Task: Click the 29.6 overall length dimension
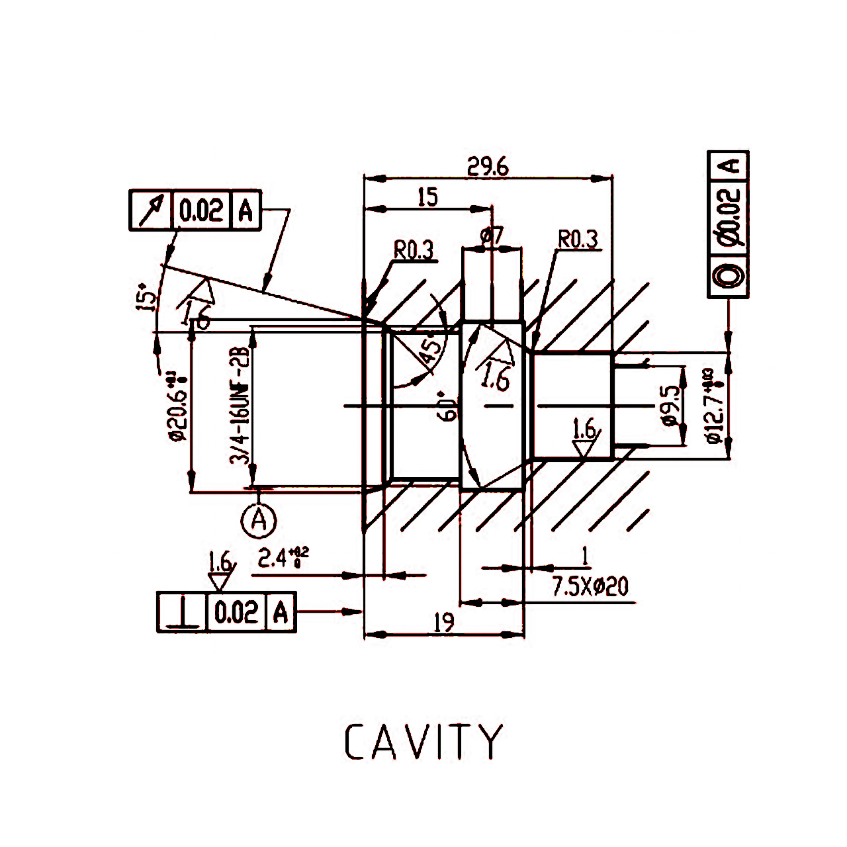(x=488, y=167)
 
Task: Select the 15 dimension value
(x=427, y=197)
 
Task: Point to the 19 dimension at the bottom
(x=444, y=623)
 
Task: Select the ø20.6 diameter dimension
(x=177, y=406)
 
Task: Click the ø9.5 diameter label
(x=670, y=405)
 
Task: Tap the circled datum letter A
(x=258, y=520)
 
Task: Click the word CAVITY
(x=424, y=742)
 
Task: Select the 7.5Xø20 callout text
(x=590, y=586)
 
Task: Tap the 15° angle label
(x=147, y=297)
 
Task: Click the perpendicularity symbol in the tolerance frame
(x=183, y=612)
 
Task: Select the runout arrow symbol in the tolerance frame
(x=152, y=210)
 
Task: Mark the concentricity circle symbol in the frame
(x=729, y=275)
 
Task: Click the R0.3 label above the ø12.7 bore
(x=578, y=239)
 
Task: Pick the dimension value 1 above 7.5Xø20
(x=584, y=557)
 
